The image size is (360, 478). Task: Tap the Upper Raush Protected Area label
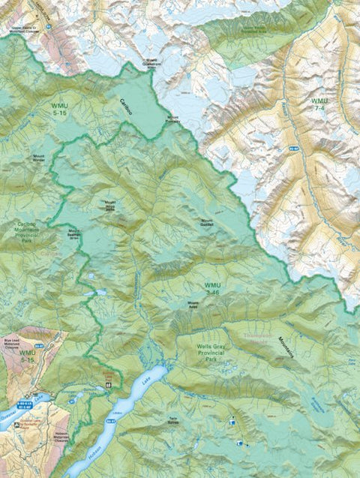pos(237,32)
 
